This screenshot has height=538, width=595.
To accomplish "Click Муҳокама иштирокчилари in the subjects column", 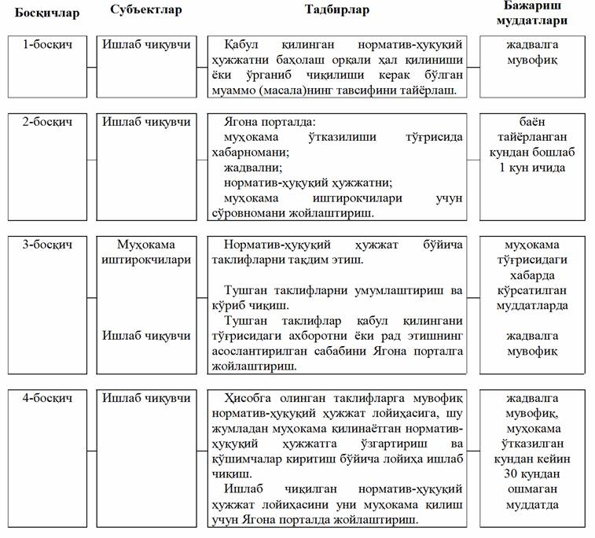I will point(146,252).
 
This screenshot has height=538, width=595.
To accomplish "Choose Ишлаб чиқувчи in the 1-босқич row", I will point(146,45).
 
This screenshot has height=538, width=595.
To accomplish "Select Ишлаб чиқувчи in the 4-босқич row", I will point(146,398).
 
